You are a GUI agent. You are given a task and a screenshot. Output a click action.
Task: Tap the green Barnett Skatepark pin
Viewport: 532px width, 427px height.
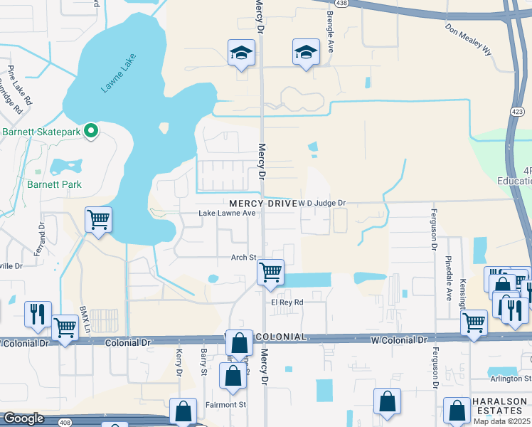click(90, 131)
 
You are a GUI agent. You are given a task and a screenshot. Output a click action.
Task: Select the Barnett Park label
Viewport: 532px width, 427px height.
click(54, 184)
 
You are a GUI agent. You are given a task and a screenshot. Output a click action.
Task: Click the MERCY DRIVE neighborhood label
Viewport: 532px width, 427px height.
click(262, 204)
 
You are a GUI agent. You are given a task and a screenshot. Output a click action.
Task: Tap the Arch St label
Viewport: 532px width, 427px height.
click(242, 258)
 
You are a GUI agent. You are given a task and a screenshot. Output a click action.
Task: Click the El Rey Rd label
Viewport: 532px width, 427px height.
click(287, 302)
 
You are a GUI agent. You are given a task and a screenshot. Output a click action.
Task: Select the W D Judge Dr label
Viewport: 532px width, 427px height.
click(321, 204)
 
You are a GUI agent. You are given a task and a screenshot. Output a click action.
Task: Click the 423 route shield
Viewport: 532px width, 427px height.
click(517, 112)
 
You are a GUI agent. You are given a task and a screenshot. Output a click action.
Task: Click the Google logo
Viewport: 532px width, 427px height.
click(24, 418)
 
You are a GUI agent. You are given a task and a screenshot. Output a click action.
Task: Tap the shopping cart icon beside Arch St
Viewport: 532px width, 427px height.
click(270, 272)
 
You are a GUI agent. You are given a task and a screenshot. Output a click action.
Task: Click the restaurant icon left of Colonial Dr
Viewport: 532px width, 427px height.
click(36, 313)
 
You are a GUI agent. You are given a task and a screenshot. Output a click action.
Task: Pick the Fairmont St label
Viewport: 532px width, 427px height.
click(227, 405)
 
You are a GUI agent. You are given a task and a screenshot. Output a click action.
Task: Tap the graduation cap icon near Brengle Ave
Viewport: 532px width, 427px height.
click(307, 51)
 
